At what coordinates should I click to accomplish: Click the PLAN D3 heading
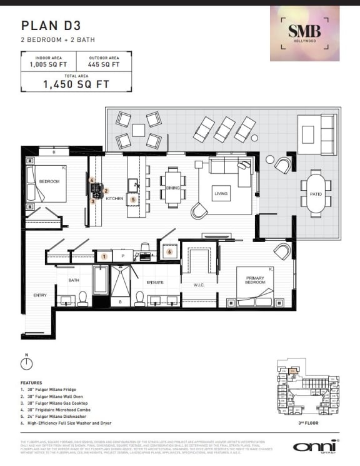coord(47,26)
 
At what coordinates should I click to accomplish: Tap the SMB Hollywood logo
coord(304,33)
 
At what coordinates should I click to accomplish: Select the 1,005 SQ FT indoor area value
coord(47,64)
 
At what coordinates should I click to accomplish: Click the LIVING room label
coord(221,194)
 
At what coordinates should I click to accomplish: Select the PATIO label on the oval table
coord(316,194)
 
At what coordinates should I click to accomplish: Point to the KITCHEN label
coord(114,198)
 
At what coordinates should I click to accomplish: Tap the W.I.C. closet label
coord(198,285)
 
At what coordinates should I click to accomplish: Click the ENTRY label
coord(32,295)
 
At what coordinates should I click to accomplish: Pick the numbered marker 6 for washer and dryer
coord(169,251)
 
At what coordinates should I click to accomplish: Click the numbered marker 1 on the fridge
coord(104,256)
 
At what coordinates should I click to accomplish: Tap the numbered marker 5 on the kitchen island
coord(133,200)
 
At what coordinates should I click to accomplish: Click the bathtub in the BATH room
coord(101,280)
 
